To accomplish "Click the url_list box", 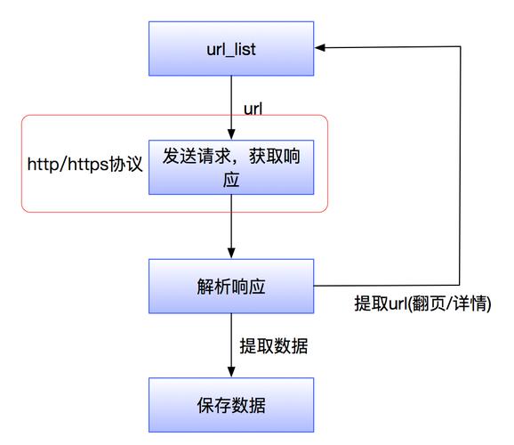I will [230, 48].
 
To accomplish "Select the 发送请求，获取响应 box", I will [230, 166].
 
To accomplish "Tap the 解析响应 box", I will [230, 287].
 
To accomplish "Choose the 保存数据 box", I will [230, 406].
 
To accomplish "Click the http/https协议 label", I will [84, 166].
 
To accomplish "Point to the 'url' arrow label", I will [253, 109].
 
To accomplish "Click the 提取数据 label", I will [274, 346].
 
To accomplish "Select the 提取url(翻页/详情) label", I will [423, 303].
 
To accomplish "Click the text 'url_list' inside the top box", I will [230, 49].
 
